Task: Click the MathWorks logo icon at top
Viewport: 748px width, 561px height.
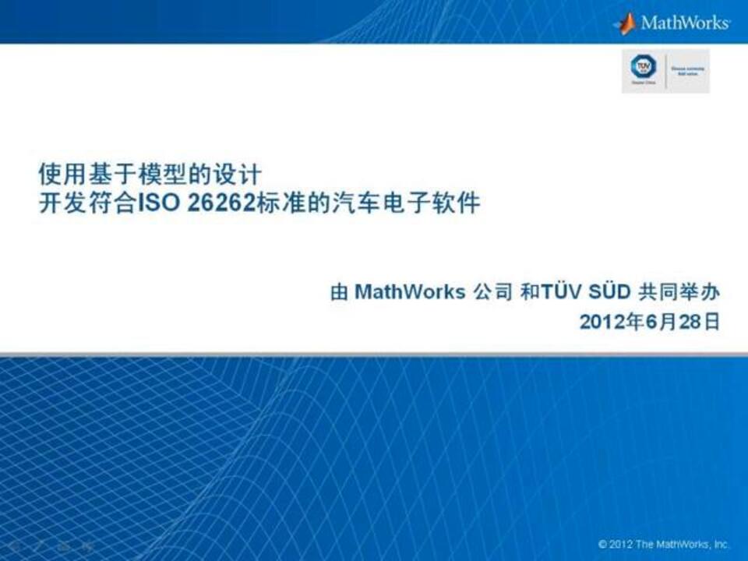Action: pyautogui.click(x=625, y=23)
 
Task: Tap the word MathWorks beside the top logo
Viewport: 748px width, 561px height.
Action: pyautogui.click(x=685, y=23)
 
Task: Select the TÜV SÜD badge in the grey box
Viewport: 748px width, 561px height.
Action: pyautogui.click(x=644, y=69)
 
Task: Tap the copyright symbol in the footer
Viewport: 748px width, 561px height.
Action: pyautogui.click(x=603, y=544)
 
